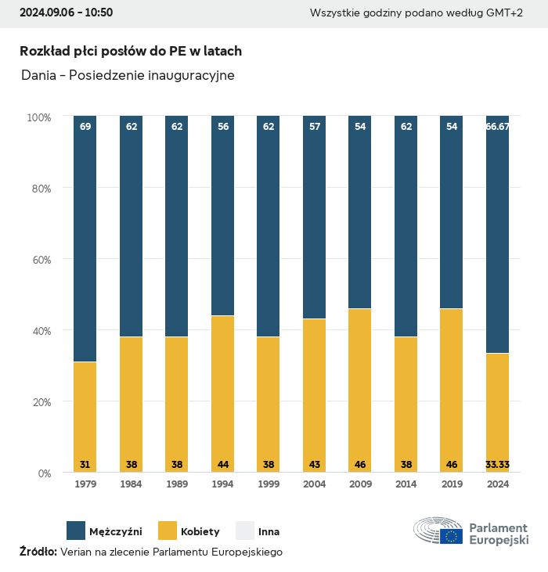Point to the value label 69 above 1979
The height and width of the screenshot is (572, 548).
point(85,126)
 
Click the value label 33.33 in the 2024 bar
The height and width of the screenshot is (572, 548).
point(497,465)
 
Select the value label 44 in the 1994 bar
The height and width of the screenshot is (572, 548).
point(223,465)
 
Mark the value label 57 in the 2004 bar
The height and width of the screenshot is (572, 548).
point(314,126)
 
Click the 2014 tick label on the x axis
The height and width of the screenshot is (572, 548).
point(406,484)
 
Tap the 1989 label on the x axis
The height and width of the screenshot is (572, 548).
point(177,484)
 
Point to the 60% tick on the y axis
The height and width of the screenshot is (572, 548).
point(39,260)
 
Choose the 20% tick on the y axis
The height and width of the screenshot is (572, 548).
point(39,402)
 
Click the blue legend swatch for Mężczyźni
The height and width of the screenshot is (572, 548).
point(76,531)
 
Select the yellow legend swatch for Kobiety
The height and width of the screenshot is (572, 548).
point(168,531)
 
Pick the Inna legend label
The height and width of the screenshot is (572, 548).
point(269,532)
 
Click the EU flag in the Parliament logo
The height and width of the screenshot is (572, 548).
point(452,536)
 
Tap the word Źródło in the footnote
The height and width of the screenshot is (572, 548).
point(38,552)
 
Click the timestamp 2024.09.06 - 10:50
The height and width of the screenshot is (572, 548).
point(66,13)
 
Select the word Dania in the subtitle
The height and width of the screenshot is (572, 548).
point(38,76)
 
